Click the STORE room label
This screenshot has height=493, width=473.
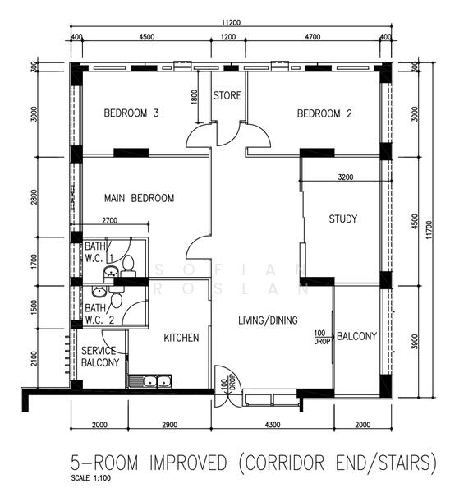(227, 95)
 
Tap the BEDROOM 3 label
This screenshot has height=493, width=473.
(131, 113)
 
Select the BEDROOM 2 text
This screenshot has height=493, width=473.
(324, 113)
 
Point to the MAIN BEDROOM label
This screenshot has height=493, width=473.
(140, 198)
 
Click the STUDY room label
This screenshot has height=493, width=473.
(343, 219)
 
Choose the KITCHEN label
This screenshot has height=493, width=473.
(181, 338)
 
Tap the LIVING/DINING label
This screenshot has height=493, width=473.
(268, 320)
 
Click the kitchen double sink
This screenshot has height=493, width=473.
(149, 381)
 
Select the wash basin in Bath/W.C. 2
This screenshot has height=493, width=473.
(99, 292)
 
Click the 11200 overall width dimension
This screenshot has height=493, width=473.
(231, 23)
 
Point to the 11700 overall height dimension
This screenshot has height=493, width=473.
(429, 230)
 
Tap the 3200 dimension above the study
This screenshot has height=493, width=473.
(346, 177)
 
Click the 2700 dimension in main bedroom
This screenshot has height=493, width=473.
(110, 221)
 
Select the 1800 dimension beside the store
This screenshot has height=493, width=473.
(195, 97)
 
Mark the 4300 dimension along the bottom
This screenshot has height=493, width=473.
(273, 425)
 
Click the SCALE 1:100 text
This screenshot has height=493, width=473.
(91, 478)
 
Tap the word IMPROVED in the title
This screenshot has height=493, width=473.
(188, 463)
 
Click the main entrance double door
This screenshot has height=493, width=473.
(227, 386)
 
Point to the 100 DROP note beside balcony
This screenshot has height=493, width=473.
(322, 337)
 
